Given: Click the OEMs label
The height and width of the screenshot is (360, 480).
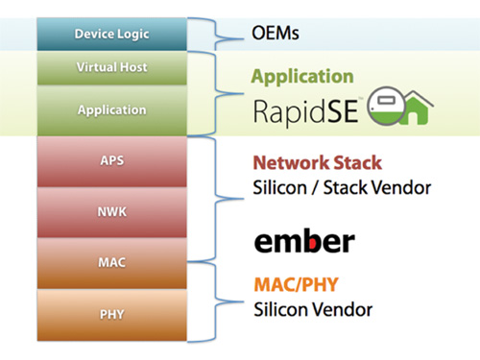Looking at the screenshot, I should tap(276, 35).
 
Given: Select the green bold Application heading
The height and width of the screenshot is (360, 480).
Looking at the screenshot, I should tap(302, 76).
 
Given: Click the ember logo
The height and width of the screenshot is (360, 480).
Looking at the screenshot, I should tap(303, 240).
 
